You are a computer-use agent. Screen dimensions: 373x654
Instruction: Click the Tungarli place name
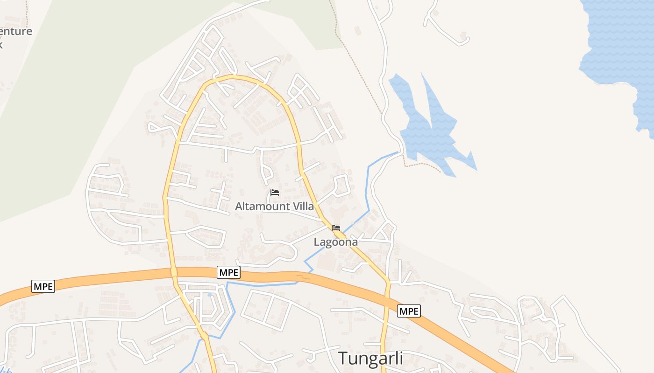370,358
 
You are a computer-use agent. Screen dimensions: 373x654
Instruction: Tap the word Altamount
257,206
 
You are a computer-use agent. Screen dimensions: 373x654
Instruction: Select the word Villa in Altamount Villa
301,206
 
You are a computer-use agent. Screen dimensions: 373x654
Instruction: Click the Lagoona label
335,242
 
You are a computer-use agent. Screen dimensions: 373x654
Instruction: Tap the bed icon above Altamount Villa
275,193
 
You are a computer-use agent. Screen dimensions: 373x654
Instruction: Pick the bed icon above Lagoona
336,228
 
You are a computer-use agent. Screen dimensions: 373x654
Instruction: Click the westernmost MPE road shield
43,286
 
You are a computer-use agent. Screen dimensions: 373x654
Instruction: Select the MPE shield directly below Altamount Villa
229,272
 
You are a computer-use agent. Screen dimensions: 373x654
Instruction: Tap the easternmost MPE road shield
409,311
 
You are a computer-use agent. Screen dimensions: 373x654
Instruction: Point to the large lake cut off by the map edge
617,42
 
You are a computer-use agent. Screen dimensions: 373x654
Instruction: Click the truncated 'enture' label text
16,32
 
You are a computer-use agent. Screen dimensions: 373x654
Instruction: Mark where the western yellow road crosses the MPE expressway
174,272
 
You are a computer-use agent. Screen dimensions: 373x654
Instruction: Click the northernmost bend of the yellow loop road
234,77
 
